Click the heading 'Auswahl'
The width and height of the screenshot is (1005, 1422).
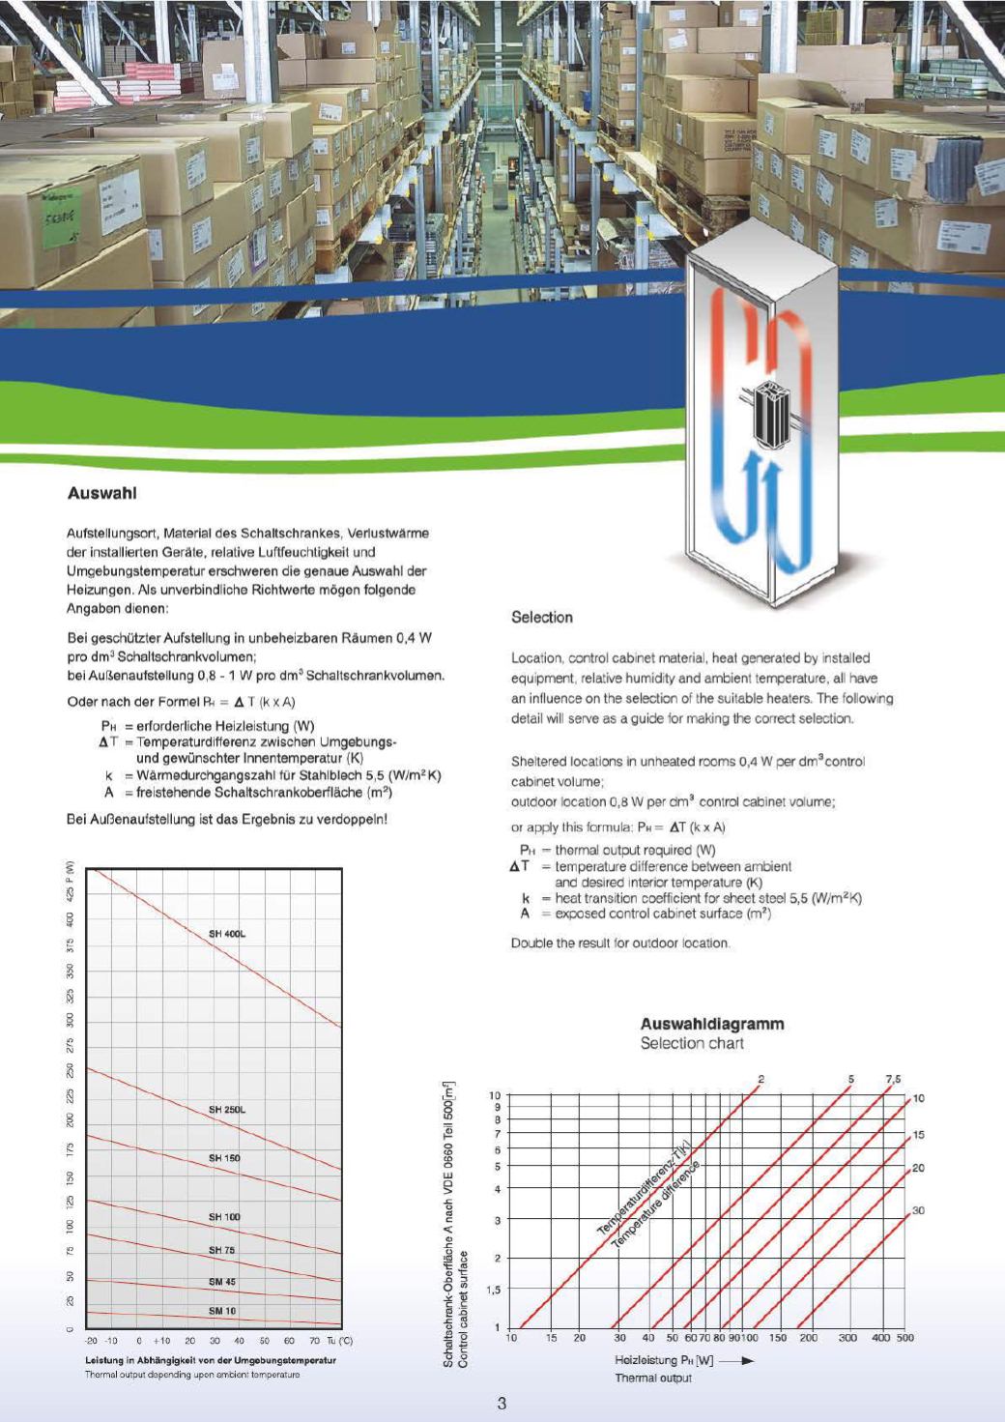click(x=101, y=494)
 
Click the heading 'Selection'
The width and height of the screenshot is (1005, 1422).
click(x=541, y=618)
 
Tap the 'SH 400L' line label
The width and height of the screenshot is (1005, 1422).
click(x=227, y=934)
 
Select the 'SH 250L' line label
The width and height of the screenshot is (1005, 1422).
click(x=227, y=1110)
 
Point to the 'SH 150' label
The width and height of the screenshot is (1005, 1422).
click(x=224, y=1158)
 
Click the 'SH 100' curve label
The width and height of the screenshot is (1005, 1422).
click(x=224, y=1217)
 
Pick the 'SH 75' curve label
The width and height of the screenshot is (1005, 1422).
click(x=222, y=1251)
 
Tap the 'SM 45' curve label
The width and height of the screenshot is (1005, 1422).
click(x=222, y=1283)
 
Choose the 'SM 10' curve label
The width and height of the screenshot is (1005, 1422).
click(x=222, y=1312)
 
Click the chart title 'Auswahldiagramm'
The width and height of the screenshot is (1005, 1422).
click(x=712, y=1025)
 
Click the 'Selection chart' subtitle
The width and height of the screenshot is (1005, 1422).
click(x=692, y=1044)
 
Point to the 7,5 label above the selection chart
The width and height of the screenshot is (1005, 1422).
click(x=892, y=1079)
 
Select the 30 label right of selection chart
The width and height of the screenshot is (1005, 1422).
click(x=918, y=1210)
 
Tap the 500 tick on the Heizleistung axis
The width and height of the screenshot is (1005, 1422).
click(x=904, y=1339)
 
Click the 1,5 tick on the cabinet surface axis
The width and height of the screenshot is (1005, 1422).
click(x=494, y=1291)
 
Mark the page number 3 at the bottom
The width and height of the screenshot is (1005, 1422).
click(x=502, y=1404)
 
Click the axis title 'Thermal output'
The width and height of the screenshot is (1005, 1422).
click(x=653, y=1378)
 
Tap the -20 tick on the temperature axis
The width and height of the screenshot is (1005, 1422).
click(x=91, y=1342)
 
